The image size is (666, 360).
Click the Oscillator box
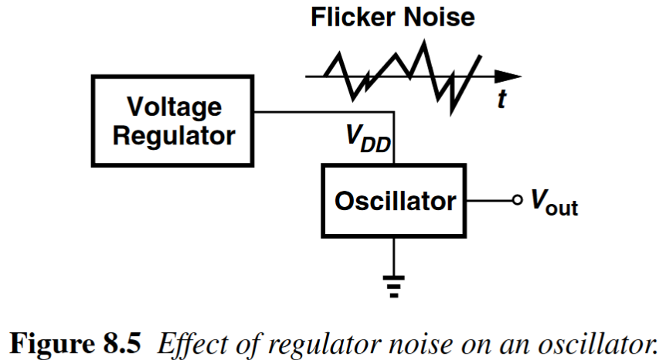tap(394, 202)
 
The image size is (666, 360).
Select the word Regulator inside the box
tap(174, 136)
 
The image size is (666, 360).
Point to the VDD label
tap(367, 140)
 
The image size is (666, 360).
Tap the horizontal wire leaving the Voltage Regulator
tap(325, 112)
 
